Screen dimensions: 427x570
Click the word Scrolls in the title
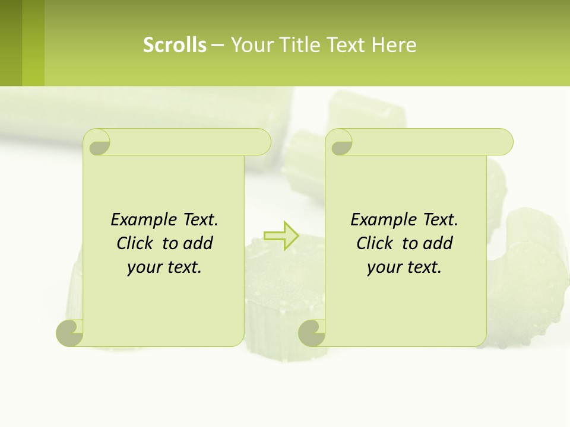[x=175, y=44]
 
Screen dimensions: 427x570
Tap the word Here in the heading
[x=394, y=44]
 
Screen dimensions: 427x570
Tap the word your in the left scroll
[x=144, y=267]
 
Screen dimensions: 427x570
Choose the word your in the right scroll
[x=384, y=267]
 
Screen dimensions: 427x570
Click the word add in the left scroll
[x=198, y=243]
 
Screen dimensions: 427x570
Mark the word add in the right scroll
[x=438, y=243]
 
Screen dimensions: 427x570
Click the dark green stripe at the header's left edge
[x=11, y=43]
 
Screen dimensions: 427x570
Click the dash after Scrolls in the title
[x=217, y=45]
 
